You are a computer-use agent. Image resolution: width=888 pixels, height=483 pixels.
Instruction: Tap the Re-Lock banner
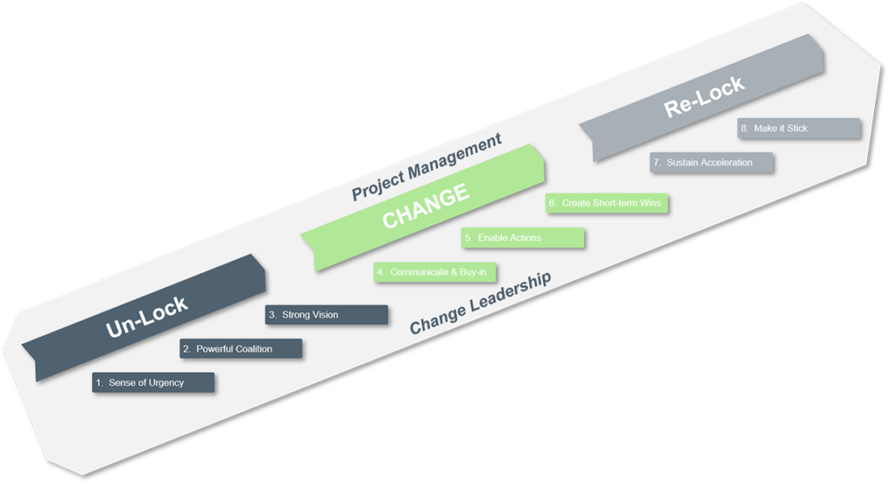703,96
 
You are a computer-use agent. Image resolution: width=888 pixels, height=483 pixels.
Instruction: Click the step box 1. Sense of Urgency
153,382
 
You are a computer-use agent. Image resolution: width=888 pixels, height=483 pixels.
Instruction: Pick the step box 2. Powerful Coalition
240,349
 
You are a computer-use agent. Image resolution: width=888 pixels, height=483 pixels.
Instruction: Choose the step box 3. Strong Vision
326,315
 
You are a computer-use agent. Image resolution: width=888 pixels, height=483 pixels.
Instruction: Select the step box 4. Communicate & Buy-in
435,272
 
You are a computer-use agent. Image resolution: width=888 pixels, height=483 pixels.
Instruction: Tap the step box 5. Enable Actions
522,238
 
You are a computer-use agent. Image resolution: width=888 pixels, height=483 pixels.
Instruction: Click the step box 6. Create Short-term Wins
608,203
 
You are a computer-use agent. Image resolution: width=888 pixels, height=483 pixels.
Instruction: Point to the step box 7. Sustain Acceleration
711,162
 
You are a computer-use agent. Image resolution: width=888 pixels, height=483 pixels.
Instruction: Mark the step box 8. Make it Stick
799,128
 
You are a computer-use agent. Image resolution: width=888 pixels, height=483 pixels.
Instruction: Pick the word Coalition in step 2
252,349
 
